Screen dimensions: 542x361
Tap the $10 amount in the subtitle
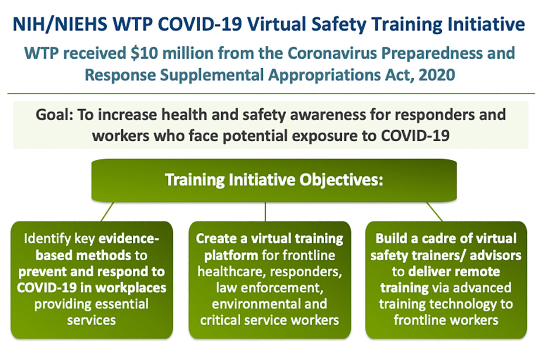tap(144, 53)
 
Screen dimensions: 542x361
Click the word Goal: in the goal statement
tap(54, 114)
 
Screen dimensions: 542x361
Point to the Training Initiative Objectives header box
tap(274, 180)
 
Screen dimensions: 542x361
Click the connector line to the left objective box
tap(107, 212)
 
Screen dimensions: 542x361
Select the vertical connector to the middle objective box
tap(265, 212)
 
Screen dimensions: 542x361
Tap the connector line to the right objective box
tap(434, 212)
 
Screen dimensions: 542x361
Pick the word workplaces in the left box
tap(131, 288)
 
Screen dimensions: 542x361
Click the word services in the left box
tap(92, 320)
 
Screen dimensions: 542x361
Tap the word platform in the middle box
tap(231, 256)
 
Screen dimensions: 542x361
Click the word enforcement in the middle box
tap(282, 288)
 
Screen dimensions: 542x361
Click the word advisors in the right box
tap(495, 255)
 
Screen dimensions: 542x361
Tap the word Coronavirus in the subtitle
tap(332, 53)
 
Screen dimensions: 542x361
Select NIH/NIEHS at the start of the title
tap(60, 24)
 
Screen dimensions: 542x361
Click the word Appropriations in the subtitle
tap(325, 75)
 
